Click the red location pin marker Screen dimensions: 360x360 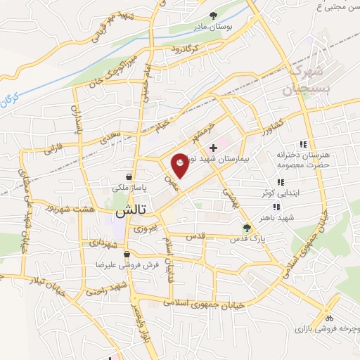(180, 165)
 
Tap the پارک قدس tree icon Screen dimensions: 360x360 (247, 227)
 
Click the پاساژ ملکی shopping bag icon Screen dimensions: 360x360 (129, 176)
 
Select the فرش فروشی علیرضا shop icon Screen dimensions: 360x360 (126, 254)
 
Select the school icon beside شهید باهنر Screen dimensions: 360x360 (277, 207)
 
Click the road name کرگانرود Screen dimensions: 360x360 (184, 49)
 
